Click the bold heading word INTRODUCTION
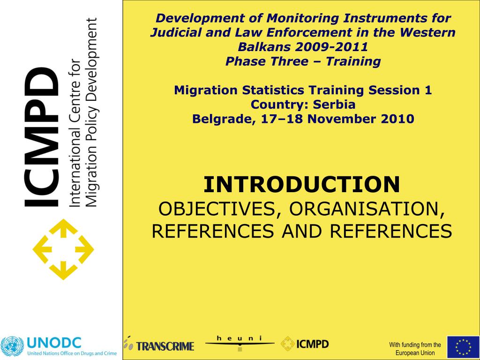tap(301, 184)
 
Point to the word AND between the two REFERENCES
tap(302, 231)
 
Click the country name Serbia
tap(334, 105)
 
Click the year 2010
tap(397, 119)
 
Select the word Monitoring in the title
tap(302, 18)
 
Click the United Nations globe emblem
tap(12, 346)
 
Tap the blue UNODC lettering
tap(54, 343)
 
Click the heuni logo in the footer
tap(240, 343)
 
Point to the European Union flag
tap(463, 347)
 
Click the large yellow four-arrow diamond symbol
tap(63, 249)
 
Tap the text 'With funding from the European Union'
tap(415, 348)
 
